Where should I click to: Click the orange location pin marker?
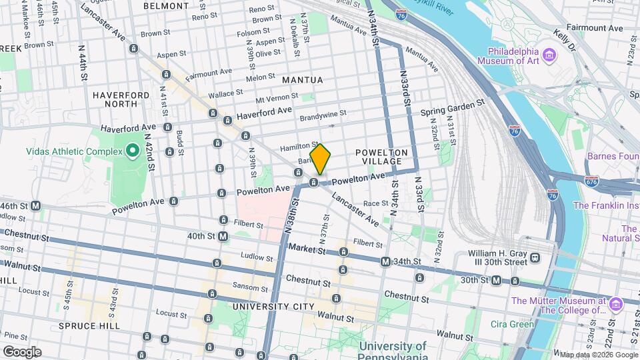click(321, 159)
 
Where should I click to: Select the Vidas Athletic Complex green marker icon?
click(132, 151)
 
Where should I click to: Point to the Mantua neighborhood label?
click(302, 80)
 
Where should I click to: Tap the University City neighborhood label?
click(273, 307)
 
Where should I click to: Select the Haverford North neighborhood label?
click(121, 100)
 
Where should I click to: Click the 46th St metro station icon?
click(35, 206)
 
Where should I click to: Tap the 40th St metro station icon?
click(223, 236)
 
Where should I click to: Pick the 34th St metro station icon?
click(385, 263)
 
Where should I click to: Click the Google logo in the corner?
click(21, 352)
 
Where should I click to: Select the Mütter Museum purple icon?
click(615, 305)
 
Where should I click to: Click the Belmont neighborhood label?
click(167, 5)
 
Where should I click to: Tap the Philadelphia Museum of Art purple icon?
click(549, 54)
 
